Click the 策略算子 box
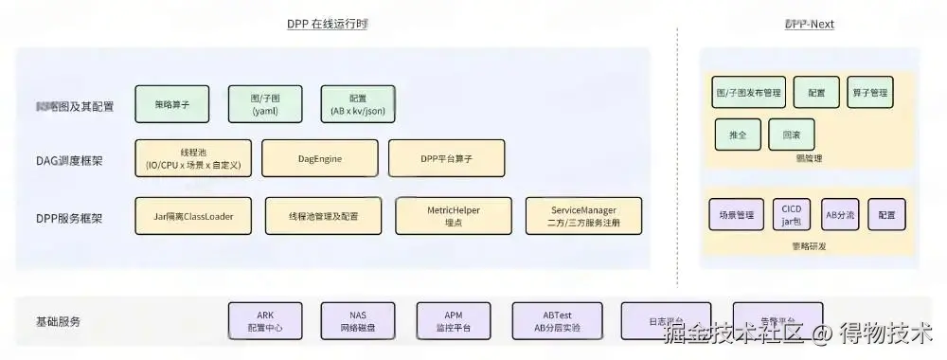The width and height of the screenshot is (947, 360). [x=172, y=104]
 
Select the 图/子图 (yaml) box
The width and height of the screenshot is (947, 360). [x=265, y=104]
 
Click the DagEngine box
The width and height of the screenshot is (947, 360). [x=319, y=159]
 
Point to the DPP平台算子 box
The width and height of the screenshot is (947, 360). [x=446, y=159]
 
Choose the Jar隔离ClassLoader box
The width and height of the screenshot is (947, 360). [x=193, y=216]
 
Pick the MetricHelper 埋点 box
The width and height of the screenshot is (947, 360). [x=454, y=216]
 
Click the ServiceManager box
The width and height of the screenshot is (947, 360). [x=583, y=216]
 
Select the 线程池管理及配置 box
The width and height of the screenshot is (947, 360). [x=324, y=216]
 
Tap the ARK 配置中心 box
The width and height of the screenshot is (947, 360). [x=265, y=321]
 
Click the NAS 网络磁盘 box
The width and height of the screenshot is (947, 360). [x=357, y=321]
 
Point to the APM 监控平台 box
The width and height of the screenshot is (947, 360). [x=453, y=321]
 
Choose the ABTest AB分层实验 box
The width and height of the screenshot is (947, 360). [x=557, y=321]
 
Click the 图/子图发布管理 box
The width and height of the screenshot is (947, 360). [x=749, y=93]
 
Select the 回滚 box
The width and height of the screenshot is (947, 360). [x=792, y=135]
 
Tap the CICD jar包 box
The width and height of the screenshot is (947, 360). [x=791, y=214]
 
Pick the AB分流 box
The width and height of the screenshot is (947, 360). [x=840, y=215]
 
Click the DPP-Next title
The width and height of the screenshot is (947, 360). [x=809, y=24]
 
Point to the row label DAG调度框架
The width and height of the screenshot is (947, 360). [x=69, y=160]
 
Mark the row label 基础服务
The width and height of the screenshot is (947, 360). [x=58, y=321]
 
